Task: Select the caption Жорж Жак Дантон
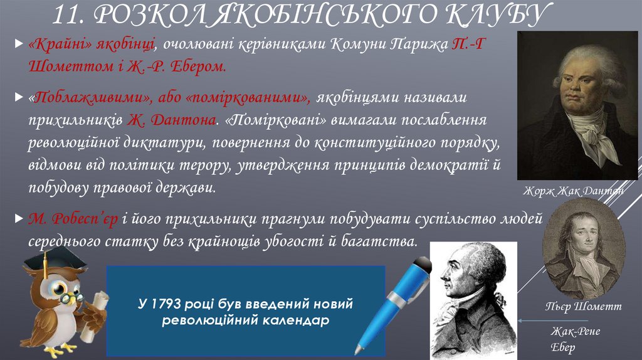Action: tap(576, 190)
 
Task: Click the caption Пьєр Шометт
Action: tap(582, 307)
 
